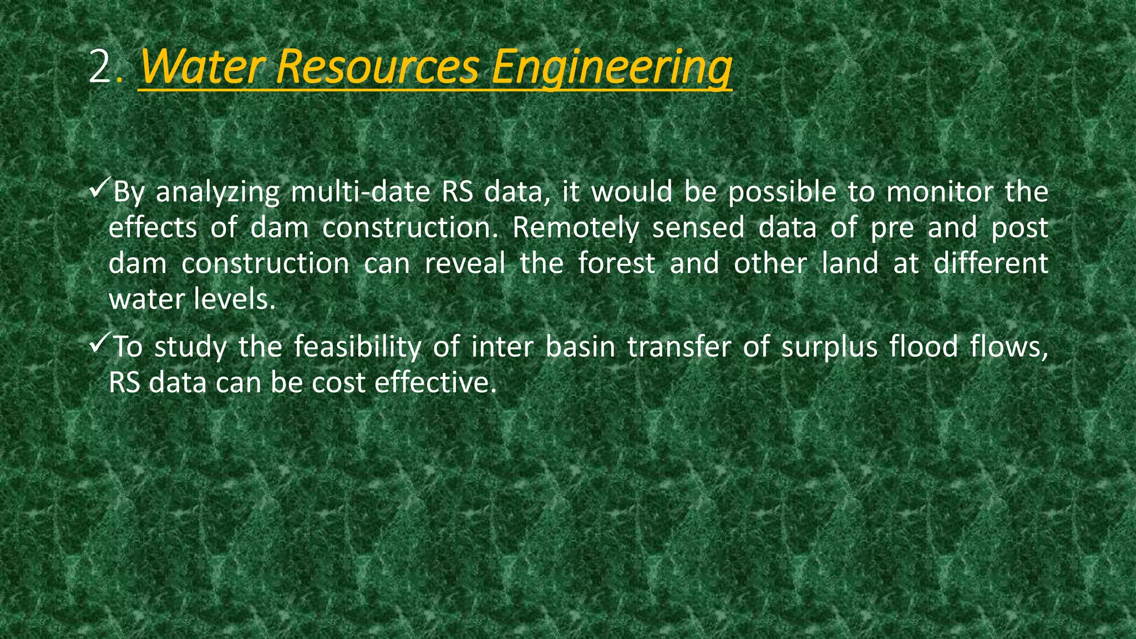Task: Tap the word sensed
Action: pyautogui.click(x=698, y=227)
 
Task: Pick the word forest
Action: pyautogui.click(x=616, y=263)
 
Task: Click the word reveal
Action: pyautogui.click(x=465, y=263)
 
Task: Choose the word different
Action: pyautogui.click(x=991, y=263)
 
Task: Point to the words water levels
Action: pyautogui.click(x=192, y=300)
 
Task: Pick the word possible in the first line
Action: pyautogui.click(x=782, y=193)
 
